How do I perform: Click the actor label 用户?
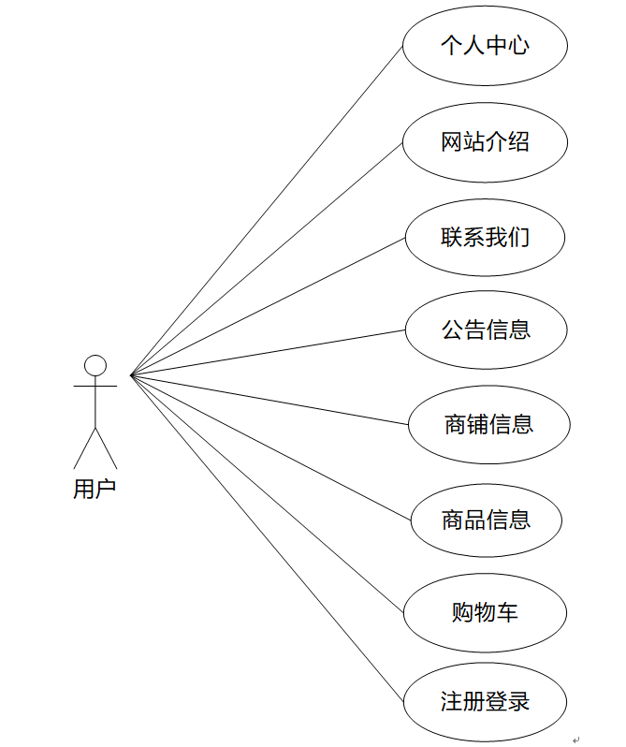point(95,489)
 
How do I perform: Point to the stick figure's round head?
point(95,365)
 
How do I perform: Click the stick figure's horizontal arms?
point(95,385)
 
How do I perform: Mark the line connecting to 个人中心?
point(267,211)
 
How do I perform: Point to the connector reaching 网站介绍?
point(267,258)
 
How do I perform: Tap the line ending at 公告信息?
point(267,353)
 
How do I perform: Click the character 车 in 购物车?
point(508,613)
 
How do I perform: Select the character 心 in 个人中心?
point(518,45)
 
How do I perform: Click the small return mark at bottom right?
point(576,740)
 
